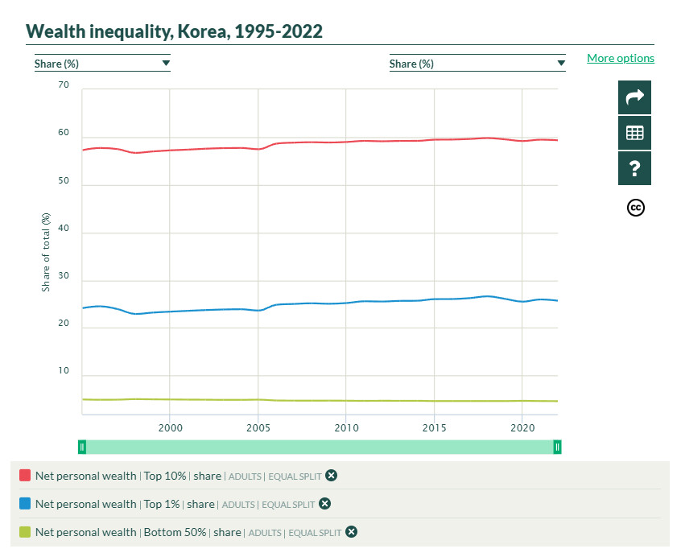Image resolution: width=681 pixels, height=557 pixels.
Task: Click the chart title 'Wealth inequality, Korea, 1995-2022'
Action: (174, 31)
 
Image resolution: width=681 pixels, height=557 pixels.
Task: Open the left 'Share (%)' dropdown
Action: (102, 64)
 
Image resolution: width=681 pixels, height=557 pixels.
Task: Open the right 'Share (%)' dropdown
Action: (477, 64)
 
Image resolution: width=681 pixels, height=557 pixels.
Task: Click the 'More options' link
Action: (620, 58)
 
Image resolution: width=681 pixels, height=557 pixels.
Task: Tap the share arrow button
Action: (634, 97)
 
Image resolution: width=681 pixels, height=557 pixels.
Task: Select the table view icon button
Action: (634, 133)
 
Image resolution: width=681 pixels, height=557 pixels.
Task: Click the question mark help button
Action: (634, 168)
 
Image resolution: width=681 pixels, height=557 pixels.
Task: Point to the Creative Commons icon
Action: (635, 208)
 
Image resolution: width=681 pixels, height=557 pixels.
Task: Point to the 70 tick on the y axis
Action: (64, 85)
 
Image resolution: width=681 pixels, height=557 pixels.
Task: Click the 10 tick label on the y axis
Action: (64, 373)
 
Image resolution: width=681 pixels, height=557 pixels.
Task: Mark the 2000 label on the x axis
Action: (169, 427)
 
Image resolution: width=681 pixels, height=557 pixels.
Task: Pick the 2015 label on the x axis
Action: (434, 427)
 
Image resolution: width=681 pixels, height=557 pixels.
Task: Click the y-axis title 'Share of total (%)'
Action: (46, 252)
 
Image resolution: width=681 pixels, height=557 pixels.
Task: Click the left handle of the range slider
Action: (82, 447)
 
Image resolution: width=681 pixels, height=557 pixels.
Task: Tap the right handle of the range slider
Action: (557, 447)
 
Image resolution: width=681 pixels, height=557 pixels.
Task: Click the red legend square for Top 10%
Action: (25, 476)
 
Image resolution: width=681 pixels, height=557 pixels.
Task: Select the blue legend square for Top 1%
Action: (25, 504)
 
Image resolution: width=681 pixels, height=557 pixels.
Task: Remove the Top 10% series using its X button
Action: (331, 476)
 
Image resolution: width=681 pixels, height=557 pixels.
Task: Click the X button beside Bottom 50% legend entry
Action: (351, 532)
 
